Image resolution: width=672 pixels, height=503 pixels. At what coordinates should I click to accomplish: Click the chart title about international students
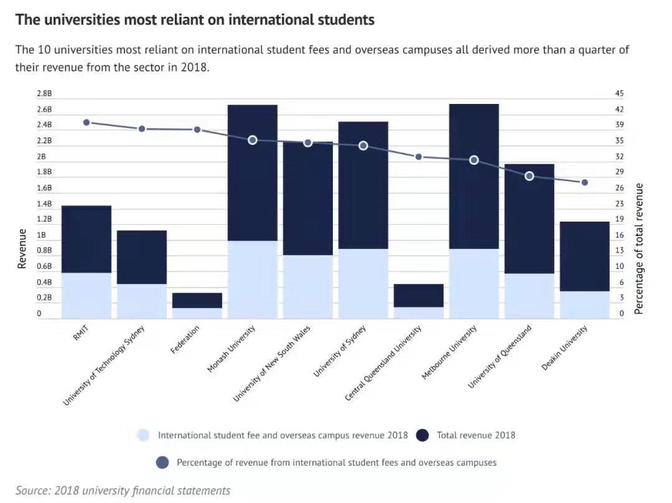(195, 20)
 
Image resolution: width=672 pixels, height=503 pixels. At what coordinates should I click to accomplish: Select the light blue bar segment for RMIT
(86, 296)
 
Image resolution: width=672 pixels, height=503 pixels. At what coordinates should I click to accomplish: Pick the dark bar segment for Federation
(197, 300)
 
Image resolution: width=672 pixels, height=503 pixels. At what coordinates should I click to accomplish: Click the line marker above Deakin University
(584, 182)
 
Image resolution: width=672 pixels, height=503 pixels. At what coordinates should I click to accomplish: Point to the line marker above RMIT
(86, 123)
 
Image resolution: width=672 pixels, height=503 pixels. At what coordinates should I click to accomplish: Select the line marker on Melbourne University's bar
(474, 160)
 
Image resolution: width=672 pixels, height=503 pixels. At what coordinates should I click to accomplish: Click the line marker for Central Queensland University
(418, 157)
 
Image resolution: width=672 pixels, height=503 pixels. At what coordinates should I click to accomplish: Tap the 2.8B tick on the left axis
(44, 93)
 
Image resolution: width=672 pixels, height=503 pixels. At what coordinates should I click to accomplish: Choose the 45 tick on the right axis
(620, 93)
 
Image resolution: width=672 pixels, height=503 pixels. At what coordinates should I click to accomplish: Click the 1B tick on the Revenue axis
(41, 235)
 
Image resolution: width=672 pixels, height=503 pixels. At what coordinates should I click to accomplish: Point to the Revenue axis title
(22, 249)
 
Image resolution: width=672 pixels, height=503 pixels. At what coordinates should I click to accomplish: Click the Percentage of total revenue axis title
(639, 249)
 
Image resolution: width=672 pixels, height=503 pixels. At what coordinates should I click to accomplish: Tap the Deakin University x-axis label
(564, 349)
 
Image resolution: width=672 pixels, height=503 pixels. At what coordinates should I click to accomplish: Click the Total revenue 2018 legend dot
(423, 435)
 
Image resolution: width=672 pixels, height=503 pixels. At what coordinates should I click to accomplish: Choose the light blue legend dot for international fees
(144, 435)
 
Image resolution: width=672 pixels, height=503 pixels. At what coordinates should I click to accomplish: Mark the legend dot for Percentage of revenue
(162, 463)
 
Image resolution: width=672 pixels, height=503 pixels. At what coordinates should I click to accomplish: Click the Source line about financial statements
(123, 491)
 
